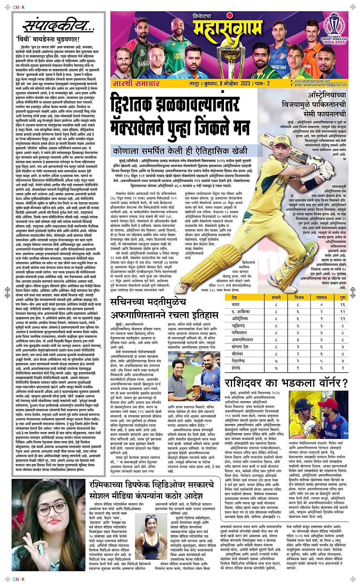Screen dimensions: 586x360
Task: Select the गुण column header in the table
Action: coord(342,298)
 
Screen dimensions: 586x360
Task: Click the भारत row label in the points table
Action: coord(236,304)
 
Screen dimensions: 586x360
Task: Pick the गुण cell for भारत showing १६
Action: coord(342,304)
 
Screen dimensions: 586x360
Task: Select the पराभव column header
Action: coord(321,298)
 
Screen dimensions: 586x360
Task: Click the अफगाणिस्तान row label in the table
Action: coord(242,340)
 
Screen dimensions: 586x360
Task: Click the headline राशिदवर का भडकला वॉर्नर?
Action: coord(286,383)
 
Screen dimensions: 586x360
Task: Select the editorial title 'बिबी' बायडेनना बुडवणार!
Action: coord(48,39)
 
